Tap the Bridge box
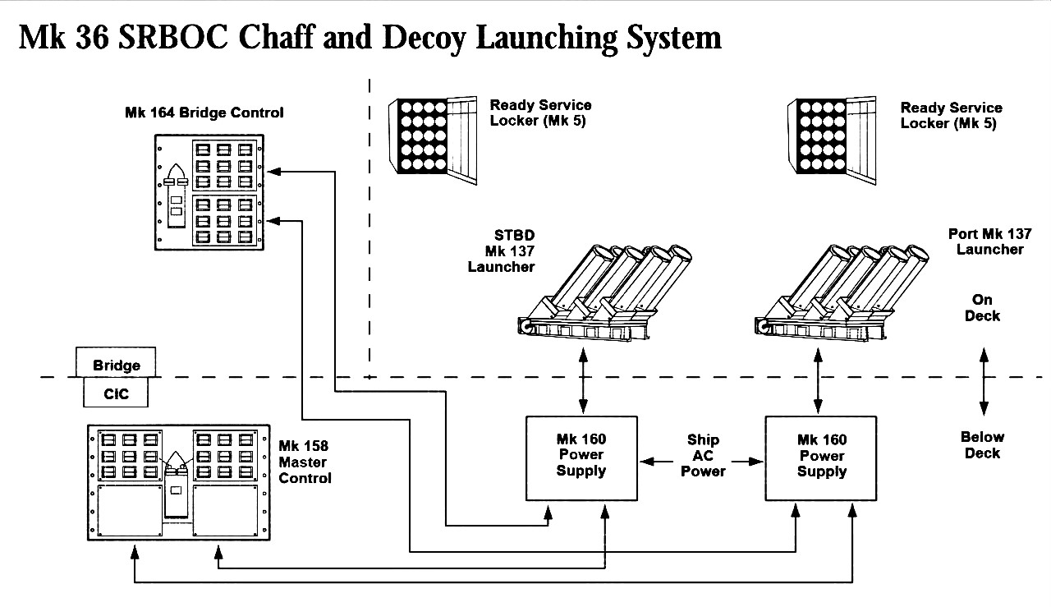point(116,364)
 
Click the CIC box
point(116,393)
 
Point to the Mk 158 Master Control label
point(305,462)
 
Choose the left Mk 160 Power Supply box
point(581,457)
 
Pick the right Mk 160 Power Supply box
point(820,458)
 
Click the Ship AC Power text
point(703,456)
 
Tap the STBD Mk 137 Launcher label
point(502,252)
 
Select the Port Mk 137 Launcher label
point(989,241)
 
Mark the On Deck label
point(982,308)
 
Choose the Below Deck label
point(983,445)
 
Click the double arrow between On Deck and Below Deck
point(983,380)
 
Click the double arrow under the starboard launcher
point(583,380)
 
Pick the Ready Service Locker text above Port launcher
point(951,115)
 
